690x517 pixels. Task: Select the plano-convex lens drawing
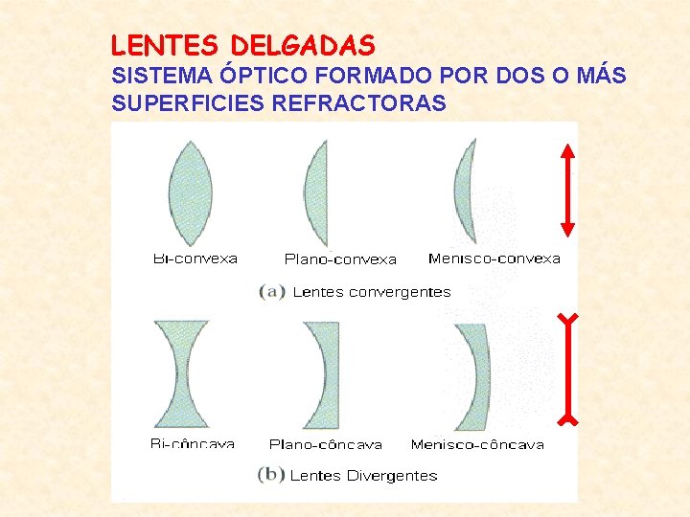[319, 194]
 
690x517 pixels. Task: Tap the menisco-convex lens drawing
[465, 191]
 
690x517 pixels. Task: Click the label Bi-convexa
[195, 258]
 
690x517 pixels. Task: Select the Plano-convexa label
[340, 259]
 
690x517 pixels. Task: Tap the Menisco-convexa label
[494, 258]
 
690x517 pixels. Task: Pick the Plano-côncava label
[326, 444]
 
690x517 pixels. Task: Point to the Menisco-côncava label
[477, 444]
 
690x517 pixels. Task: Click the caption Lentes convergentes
[371, 291]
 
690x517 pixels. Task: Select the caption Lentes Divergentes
[363, 475]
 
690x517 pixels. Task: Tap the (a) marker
[272, 291]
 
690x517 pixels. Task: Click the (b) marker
[271, 475]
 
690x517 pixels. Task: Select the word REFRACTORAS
[359, 103]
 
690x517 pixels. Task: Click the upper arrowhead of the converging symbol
[567, 150]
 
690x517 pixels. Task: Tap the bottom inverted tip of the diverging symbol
[569, 418]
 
